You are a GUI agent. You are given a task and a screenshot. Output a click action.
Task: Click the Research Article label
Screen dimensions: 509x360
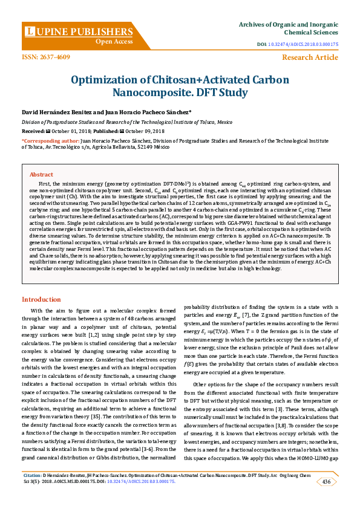point(310,57)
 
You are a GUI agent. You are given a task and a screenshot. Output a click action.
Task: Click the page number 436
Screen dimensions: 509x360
point(326,482)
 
